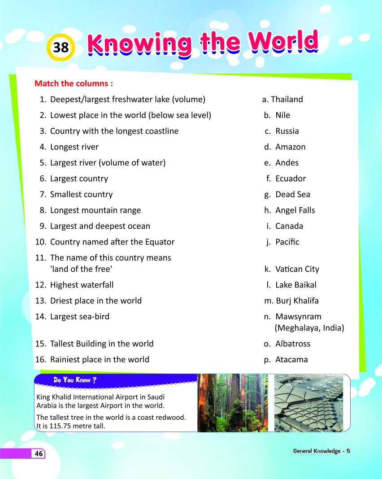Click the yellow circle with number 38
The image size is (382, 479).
(x=61, y=47)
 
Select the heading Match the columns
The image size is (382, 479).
(x=73, y=83)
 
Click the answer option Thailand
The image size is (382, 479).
(x=286, y=100)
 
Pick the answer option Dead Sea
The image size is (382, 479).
(x=292, y=195)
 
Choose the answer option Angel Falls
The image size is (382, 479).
(x=295, y=210)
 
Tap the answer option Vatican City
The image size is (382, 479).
(x=297, y=269)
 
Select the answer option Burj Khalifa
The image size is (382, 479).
(x=297, y=301)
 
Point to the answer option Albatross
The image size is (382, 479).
(x=292, y=344)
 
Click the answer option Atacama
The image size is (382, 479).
(x=291, y=360)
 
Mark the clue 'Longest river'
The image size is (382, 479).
(x=74, y=147)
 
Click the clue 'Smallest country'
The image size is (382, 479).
(x=81, y=195)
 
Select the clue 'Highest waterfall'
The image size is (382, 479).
(x=82, y=285)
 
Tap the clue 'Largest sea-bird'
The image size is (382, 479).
(x=79, y=317)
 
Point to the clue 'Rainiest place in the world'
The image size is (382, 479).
(x=100, y=360)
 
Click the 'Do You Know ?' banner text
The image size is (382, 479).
(x=72, y=380)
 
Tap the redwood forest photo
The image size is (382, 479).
(x=232, y=403)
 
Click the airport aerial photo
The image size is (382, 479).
(x=308, y=403)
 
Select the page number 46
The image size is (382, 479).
(x=39, y=454)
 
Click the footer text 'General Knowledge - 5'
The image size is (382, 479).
(x=321, y=451)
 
